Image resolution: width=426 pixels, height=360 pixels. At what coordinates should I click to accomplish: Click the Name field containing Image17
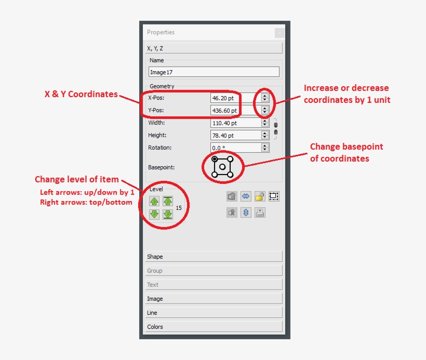(x=214, y=72)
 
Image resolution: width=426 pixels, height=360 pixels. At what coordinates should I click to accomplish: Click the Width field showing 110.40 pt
(x=235, y=123)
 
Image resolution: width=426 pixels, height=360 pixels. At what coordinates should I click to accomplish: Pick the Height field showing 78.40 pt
(x=235, y=136)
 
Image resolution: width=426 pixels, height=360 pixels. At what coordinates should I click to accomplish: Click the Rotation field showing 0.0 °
(x=235, y=148)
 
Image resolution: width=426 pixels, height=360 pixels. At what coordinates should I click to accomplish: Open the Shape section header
(x=214, y=257)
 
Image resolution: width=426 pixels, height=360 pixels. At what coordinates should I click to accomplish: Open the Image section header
(x=214, y=299)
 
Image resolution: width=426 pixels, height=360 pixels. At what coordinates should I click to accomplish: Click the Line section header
(x=214, y=313)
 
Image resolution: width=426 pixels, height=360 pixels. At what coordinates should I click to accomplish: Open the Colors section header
(x=214, y=327)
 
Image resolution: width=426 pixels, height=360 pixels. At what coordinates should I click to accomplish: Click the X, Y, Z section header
(x=214, y=48)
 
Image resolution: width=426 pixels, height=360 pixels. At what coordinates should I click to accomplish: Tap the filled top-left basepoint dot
(x=215, y=159)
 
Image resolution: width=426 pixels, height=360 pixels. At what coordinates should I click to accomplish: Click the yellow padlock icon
(x=260, y=196)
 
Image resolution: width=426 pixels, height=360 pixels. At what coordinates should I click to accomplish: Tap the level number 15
(x=179, y=208)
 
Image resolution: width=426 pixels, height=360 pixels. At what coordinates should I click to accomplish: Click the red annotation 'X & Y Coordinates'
(x=81, y=95)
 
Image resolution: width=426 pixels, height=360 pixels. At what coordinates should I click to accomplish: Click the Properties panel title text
(x=161, y=32)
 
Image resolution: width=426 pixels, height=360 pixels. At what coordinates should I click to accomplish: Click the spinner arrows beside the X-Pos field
(x=265, y=98)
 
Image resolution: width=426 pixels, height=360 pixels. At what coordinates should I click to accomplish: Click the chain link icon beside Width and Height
(x=275, y=129)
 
